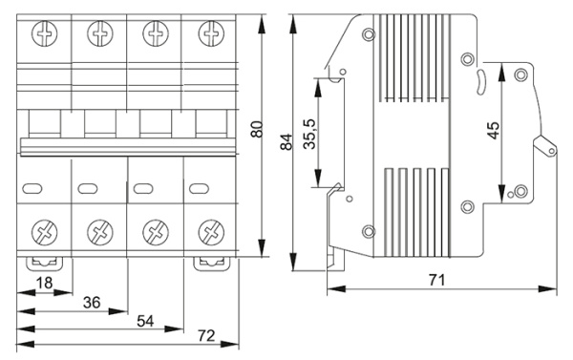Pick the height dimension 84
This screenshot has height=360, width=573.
[283, 143]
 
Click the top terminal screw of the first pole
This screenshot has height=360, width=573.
[44, 34]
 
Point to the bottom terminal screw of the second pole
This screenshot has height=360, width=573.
[99, 231]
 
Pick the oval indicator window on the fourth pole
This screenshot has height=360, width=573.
[198, 187]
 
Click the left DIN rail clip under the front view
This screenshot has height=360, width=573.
[43, 261]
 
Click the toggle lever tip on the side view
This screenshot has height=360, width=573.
[546, 147]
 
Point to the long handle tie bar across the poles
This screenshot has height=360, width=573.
[127, 145]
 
